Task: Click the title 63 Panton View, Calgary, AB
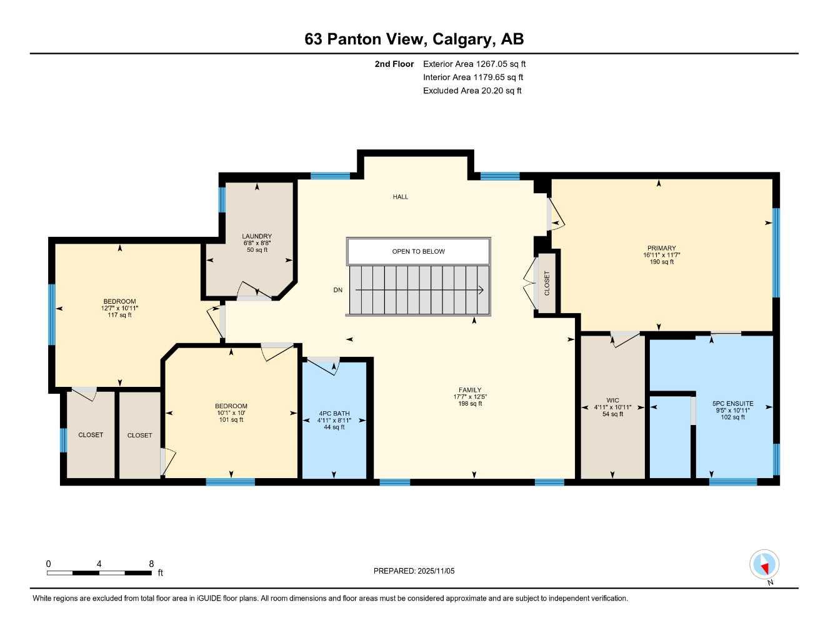414,39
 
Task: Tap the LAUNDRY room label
257,236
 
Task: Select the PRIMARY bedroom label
661,248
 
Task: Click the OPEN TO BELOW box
418,251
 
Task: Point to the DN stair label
337,290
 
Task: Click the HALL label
401,197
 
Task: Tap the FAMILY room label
470,390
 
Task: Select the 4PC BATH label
334,414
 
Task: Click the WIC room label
612,401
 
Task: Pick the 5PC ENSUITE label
732,404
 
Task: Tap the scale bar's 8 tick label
151,564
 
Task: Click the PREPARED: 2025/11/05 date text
414,571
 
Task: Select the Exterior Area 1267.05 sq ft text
474,64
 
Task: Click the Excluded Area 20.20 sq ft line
472,91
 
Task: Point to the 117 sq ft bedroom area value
119,315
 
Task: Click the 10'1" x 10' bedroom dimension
231,413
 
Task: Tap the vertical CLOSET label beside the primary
547,283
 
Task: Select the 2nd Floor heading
394,64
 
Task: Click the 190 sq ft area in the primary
661,262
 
